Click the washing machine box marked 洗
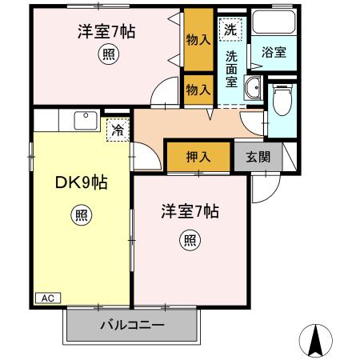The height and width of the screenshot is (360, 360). point(230,30)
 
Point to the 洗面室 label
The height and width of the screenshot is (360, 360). point(231,70)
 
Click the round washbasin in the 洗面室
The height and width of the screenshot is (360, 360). point(253,90)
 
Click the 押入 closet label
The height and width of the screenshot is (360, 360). point(198,156)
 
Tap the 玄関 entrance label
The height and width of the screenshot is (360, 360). point(258,156)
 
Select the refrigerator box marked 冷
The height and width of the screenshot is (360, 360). point(118,128)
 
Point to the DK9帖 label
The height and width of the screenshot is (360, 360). point(82,182)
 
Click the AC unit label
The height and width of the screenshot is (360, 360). point(47,298)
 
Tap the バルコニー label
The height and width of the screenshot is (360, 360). point(132,326)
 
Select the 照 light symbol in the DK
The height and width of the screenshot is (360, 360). point(82,214)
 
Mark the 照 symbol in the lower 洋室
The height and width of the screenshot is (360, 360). point(190,239)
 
